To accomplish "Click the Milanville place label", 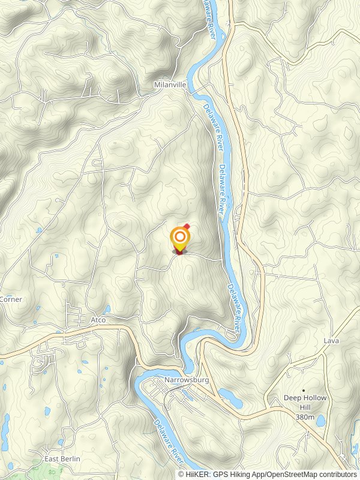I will (170, 85).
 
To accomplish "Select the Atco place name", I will (98, 320).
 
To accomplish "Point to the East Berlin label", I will (62, 459).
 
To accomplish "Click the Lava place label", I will (332, 341).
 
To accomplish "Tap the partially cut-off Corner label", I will (11, 299).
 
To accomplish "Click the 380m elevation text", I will (305, 416).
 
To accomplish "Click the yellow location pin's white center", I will (179, 236).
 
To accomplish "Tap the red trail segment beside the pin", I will (187, 227).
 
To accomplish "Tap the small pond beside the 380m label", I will (320, 419).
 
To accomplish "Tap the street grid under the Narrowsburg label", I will (180, 393).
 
